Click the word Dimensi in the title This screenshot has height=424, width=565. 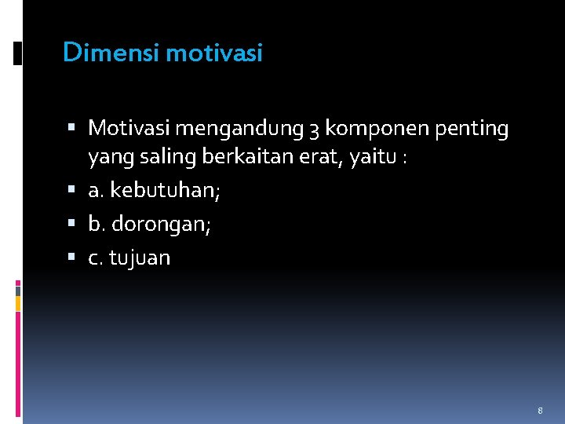click(x=111, y=53)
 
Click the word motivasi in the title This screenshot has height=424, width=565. click(x=214, y=53)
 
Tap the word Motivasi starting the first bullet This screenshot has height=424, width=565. click(x=130, y=127)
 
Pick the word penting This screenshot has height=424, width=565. click(x=469, y=129)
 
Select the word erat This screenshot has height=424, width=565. click(x=323, y=159)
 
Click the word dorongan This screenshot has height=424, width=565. click(x=162, y=225)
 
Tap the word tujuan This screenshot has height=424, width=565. click(x=140, y=258)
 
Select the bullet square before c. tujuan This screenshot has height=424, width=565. click(x=72, y=258)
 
